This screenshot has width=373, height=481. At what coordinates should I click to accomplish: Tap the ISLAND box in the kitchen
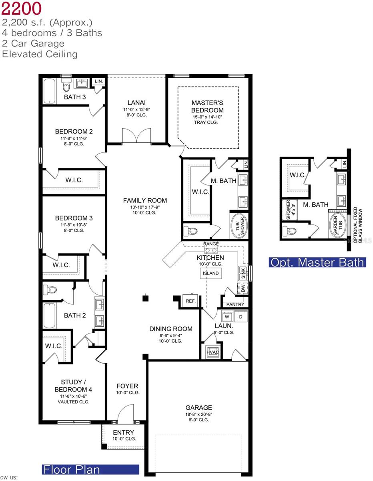211,273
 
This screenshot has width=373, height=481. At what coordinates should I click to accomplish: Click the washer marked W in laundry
227,317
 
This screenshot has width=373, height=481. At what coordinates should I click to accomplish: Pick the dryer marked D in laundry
241,317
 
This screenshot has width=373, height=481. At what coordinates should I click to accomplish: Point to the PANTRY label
235,305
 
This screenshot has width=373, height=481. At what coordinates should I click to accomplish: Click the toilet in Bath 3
66,86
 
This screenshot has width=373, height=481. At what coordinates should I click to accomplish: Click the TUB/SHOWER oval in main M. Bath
239,226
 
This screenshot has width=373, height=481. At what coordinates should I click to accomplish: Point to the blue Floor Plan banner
90,469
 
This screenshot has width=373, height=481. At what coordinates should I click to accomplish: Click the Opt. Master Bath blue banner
317,263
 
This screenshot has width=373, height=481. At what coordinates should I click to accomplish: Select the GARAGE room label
199,408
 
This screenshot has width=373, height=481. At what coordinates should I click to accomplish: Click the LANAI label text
136,103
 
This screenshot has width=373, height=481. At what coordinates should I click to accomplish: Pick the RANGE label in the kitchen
211,244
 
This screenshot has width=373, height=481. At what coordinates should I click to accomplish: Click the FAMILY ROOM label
145,200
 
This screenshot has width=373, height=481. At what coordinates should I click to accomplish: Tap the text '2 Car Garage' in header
34,43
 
